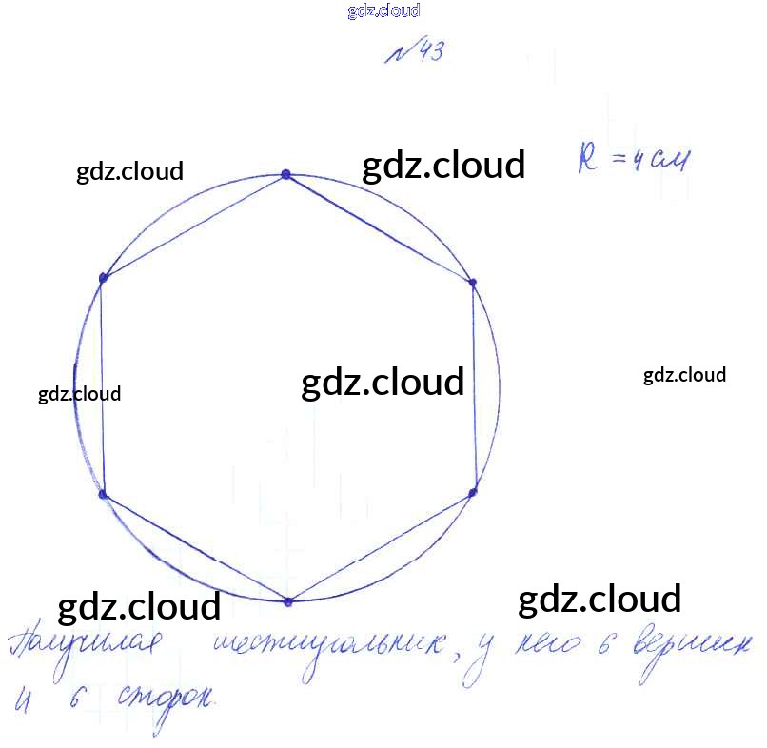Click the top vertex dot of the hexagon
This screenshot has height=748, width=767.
pyautogui.click(x=285, y=174)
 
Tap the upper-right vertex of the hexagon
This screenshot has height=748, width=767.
pyautogui.click(x=472, y=282)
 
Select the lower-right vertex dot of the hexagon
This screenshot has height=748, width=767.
pyautogui.click(x=472, y=492)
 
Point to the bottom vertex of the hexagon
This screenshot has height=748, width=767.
pyautogui.click(x=288, y=600)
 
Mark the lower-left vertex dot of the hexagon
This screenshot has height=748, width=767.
pyautogui.click(x=104, y=495)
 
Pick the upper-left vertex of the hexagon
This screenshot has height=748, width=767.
pyautogui.click(x=104, y=277)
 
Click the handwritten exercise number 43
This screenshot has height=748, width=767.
pyautogui.click(x=415, y=53)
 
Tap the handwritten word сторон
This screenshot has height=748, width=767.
pyautogui.click(x=167, y=702)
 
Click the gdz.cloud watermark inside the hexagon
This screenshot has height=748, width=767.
pyautogui.click(x=383, y=383)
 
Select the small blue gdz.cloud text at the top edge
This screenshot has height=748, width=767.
pyautogui.click(x=383, y=11)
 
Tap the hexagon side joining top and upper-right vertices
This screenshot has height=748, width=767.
pyautogui.click(x=379, y=227)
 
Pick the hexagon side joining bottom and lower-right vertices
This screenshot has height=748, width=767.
pyautogui.click(x=381, y=546)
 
